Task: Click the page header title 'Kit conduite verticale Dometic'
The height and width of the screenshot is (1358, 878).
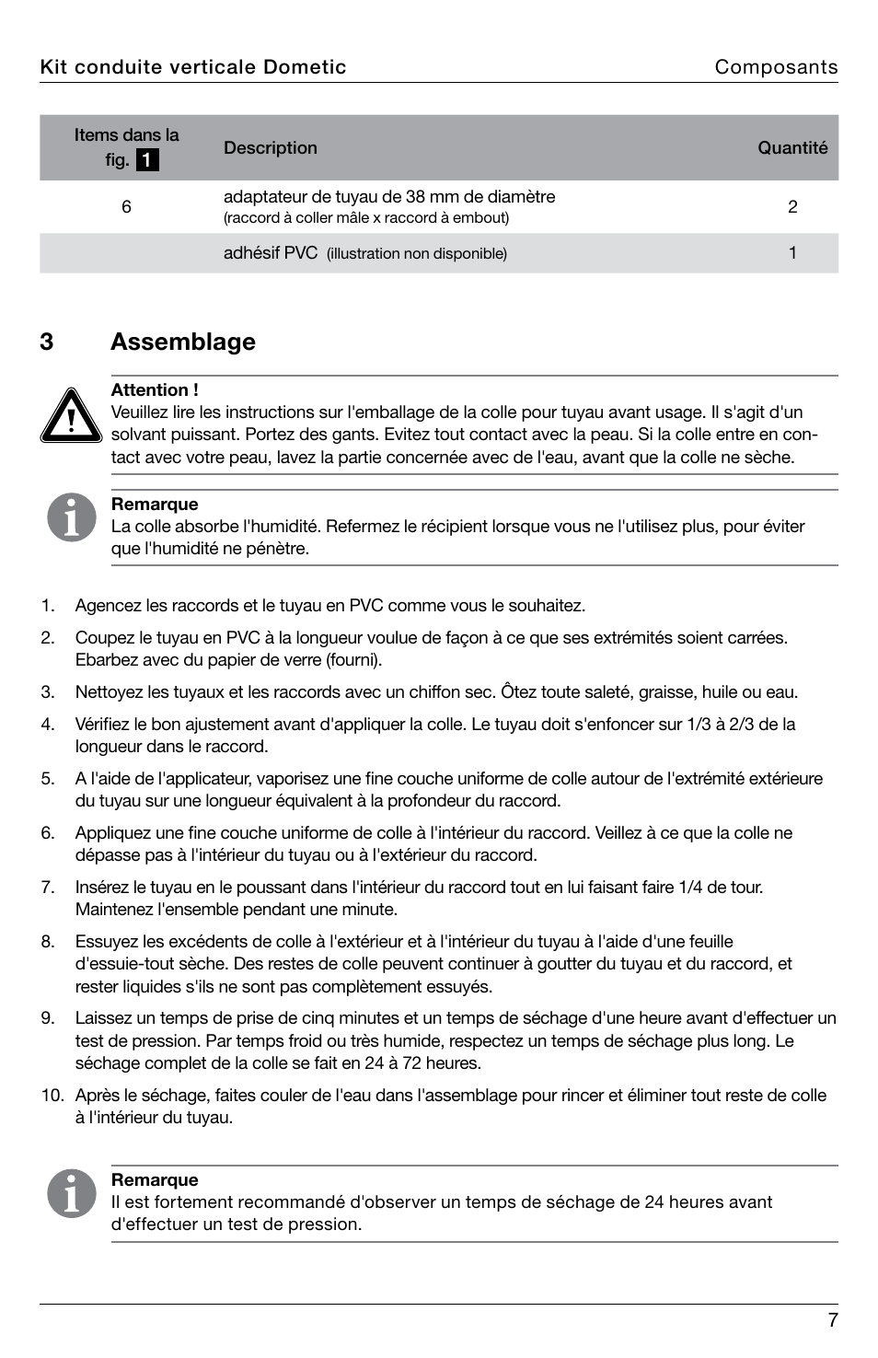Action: [193, 67]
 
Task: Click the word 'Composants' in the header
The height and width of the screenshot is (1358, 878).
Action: [776, 67]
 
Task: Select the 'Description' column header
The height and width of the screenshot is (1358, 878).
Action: [270, 148]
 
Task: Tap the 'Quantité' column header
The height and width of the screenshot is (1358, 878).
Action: [792, 148]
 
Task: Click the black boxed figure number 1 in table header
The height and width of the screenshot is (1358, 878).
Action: [147, 160]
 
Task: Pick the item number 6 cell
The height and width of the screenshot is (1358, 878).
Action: [126, 207]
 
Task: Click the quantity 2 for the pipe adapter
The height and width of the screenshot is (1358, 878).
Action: [792, 207]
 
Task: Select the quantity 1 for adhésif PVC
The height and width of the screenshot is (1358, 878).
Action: [792, 253]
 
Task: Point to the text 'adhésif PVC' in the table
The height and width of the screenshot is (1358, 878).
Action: [271, 253]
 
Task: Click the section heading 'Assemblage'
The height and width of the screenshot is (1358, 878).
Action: [183, 342]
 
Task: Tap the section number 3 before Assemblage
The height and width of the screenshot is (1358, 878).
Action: [47, 342]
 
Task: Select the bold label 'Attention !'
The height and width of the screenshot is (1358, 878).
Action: [155, 390]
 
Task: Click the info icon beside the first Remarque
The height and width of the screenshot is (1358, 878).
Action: [72, 517]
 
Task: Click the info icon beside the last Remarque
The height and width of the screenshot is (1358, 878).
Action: [72, 1193]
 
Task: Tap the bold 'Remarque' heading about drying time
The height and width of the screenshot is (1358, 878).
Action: [155, 1180]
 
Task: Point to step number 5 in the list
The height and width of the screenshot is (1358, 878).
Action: [47, 779]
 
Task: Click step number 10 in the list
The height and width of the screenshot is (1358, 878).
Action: [52, 1096]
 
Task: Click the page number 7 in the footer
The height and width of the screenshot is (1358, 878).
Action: [832, 1320]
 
